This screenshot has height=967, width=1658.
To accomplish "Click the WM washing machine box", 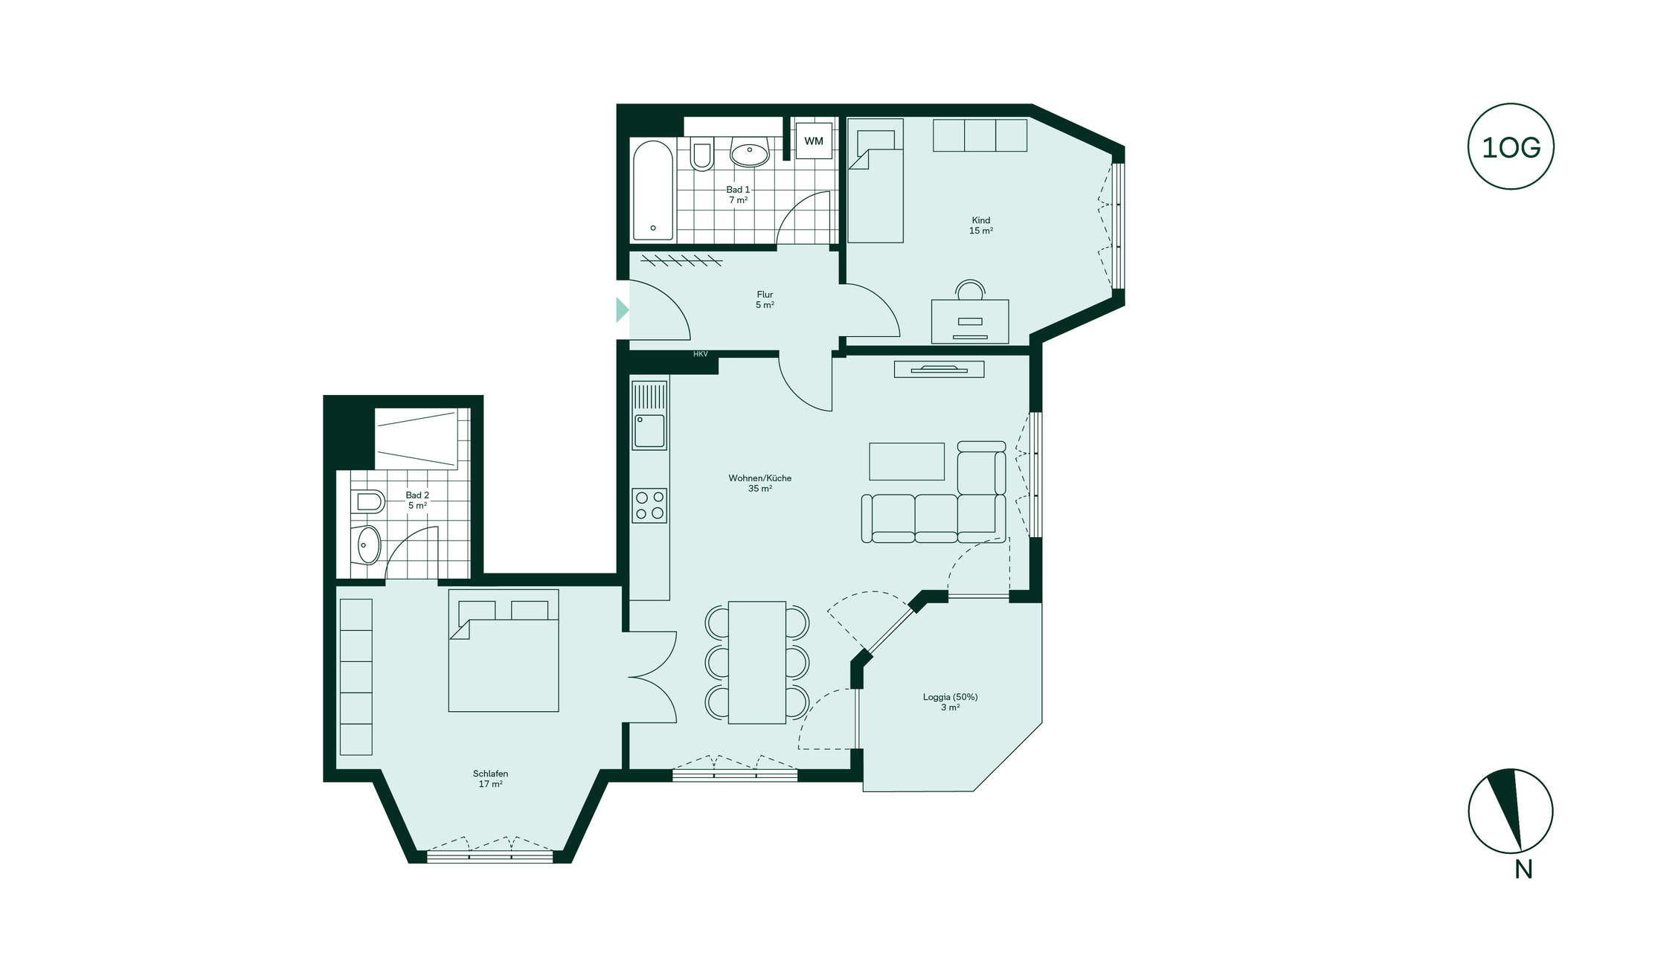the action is coord(813,141).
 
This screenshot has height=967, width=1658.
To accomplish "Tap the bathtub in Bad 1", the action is coord(652,190).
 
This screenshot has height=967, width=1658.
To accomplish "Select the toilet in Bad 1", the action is coord(701,153).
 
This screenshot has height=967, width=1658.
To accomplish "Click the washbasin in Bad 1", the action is coord(749,152).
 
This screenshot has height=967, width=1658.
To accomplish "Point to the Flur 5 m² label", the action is coord(765,300).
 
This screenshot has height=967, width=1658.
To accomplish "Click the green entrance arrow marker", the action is coord(623,309).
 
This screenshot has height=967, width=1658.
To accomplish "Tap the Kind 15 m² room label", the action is coord(980,225).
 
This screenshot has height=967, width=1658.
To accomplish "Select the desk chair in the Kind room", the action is coord(970,289).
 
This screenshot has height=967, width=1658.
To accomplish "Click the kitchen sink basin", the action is coord(649,431).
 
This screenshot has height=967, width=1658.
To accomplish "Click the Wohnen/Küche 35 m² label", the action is coord(759,483).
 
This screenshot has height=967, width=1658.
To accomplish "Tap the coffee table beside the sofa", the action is coord(907,461).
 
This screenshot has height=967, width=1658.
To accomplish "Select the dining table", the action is coord(756,662).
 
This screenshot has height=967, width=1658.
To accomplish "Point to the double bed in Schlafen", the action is coord(504,651).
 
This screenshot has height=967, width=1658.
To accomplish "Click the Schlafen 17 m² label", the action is coord(490,779).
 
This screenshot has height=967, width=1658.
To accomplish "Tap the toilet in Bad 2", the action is coord(368,501).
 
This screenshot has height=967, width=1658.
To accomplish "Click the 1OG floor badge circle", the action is coord(1511,147).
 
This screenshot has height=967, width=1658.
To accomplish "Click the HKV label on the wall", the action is coord(701,354).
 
